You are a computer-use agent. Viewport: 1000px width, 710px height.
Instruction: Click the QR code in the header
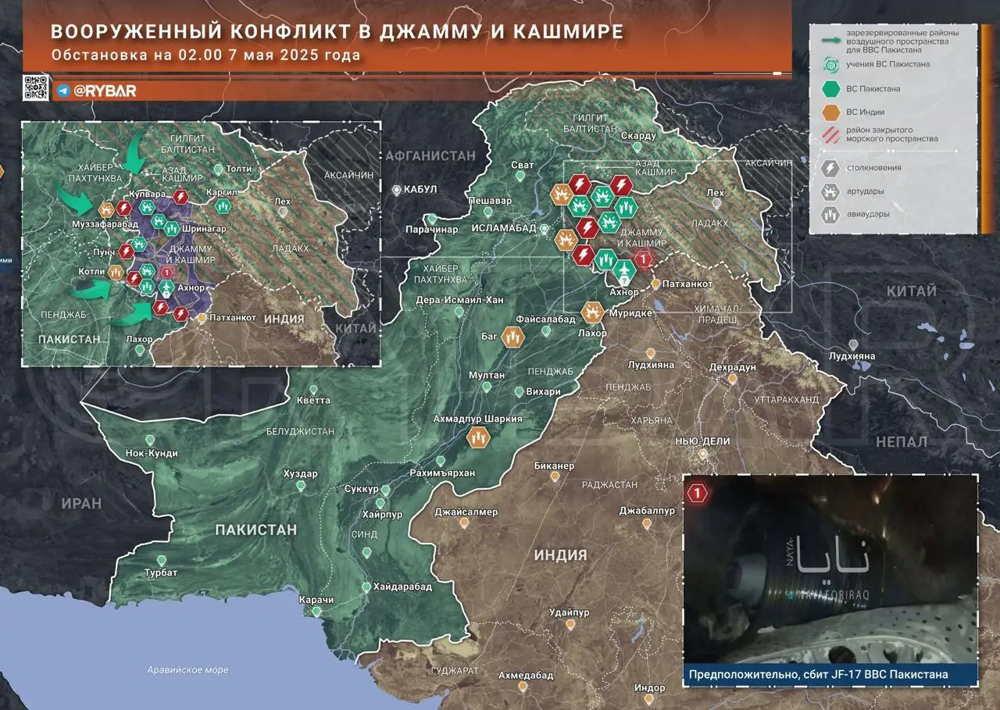[x=36, y=88]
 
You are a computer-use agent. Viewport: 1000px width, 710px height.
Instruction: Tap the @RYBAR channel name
[x=105, y=91]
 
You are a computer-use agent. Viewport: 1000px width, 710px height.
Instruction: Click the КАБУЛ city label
[x=421, y=190]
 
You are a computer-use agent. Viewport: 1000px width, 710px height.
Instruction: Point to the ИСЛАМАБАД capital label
[x=505, y=228]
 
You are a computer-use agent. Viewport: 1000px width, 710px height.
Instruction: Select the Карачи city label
[x=316, y=600]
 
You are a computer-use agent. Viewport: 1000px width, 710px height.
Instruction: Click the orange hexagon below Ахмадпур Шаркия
[x=478, y=438]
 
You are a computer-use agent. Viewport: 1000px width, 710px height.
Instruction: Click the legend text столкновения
[x=873, y=167]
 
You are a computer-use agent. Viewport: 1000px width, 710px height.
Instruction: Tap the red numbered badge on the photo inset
[x=698, y=493]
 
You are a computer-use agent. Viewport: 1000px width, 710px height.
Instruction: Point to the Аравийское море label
[x=188, y=670]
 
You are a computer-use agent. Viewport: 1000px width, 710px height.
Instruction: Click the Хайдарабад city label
[x=402, y=587]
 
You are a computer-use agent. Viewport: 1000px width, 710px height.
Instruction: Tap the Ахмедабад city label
[x=526, y=675]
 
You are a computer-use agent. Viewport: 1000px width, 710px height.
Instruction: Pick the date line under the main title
[x=206, y=55]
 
